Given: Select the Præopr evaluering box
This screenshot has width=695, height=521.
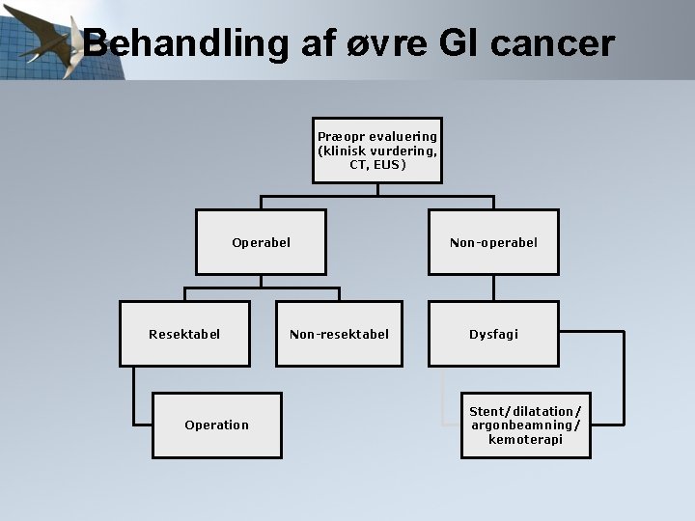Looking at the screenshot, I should pyautogui.click(x=377, y=151).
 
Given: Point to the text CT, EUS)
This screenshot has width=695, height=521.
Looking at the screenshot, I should pyautogui.click(x=377, y=165).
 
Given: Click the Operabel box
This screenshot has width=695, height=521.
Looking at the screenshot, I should pyautogui.click(x=261, y=242).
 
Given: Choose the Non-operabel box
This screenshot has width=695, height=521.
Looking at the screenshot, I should pyautogui.click(x=493, y=242).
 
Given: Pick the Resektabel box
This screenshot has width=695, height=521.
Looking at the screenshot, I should pyautogui.click(x=184, y=334).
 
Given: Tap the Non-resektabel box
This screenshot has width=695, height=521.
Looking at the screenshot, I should pyautogui.click(x=339, y=334).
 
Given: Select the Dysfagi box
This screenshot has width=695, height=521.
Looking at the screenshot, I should pyautogui.click(x=493, y=334).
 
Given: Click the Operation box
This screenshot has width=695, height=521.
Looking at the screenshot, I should pyautogui.click(x=217, y=425).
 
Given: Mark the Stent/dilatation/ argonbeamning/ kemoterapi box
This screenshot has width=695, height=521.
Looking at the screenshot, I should pyautogui.click(x=526, y=425).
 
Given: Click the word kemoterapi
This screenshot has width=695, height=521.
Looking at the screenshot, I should pyautogui.click(x=526, y=439).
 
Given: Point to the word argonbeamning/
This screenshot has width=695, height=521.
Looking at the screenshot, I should pyautogui.click(x=526, y=425).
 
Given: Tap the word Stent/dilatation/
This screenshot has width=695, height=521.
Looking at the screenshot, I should pyautogui.click(x=526, y=411).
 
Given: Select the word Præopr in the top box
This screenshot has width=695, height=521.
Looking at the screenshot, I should pyautogui.click(x=337, y=137).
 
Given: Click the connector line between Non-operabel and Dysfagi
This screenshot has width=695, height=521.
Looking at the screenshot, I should pyautogui.click(x=493, y=288).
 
